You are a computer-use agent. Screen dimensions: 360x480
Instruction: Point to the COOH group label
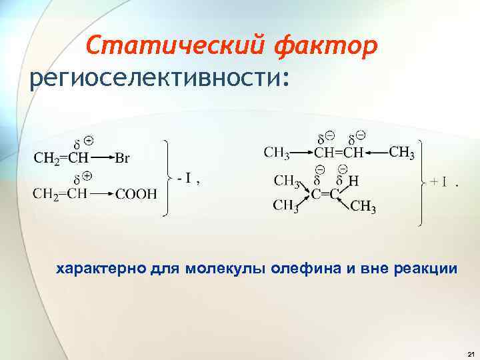point(137,195)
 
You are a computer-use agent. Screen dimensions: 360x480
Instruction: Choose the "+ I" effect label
point(439,181)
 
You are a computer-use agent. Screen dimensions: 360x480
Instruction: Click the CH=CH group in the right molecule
point(339,153)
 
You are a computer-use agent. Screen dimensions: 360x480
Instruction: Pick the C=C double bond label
point(326,193)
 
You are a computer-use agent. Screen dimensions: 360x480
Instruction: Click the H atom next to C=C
point(354,179)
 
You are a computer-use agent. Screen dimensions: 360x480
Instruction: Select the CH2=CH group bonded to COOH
point(59,194)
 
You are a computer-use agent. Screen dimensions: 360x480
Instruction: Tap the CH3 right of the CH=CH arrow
point(401,152)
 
